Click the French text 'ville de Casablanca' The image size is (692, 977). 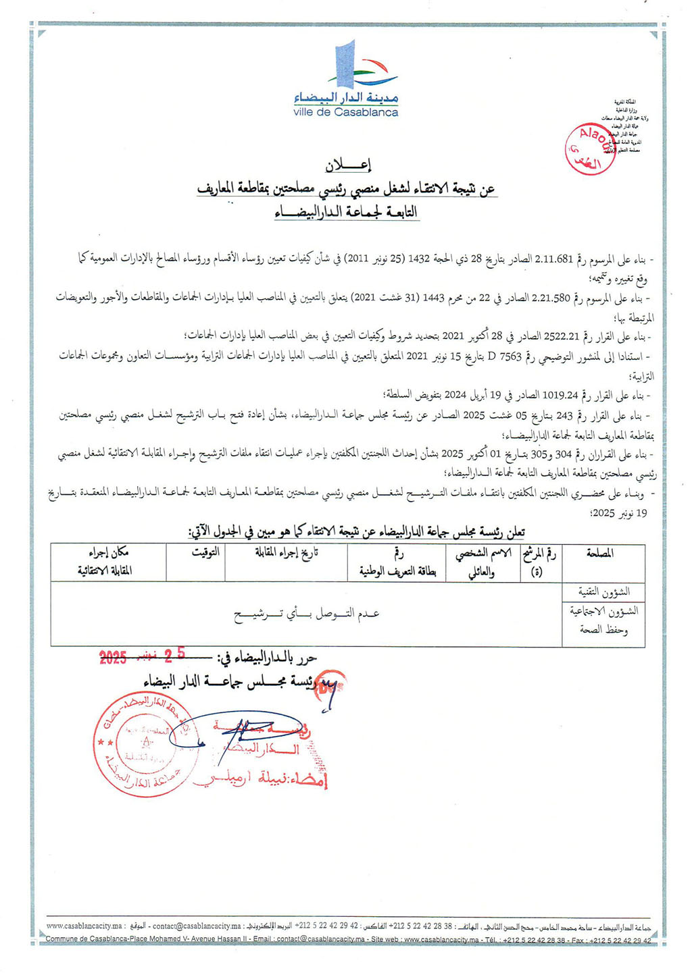point(346,113)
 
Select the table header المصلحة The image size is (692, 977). point(600,554)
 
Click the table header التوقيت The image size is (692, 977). point(205,553)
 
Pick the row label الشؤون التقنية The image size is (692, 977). point(603,591)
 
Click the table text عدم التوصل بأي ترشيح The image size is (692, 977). point(307,614)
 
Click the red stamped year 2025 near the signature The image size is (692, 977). point(113,658)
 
